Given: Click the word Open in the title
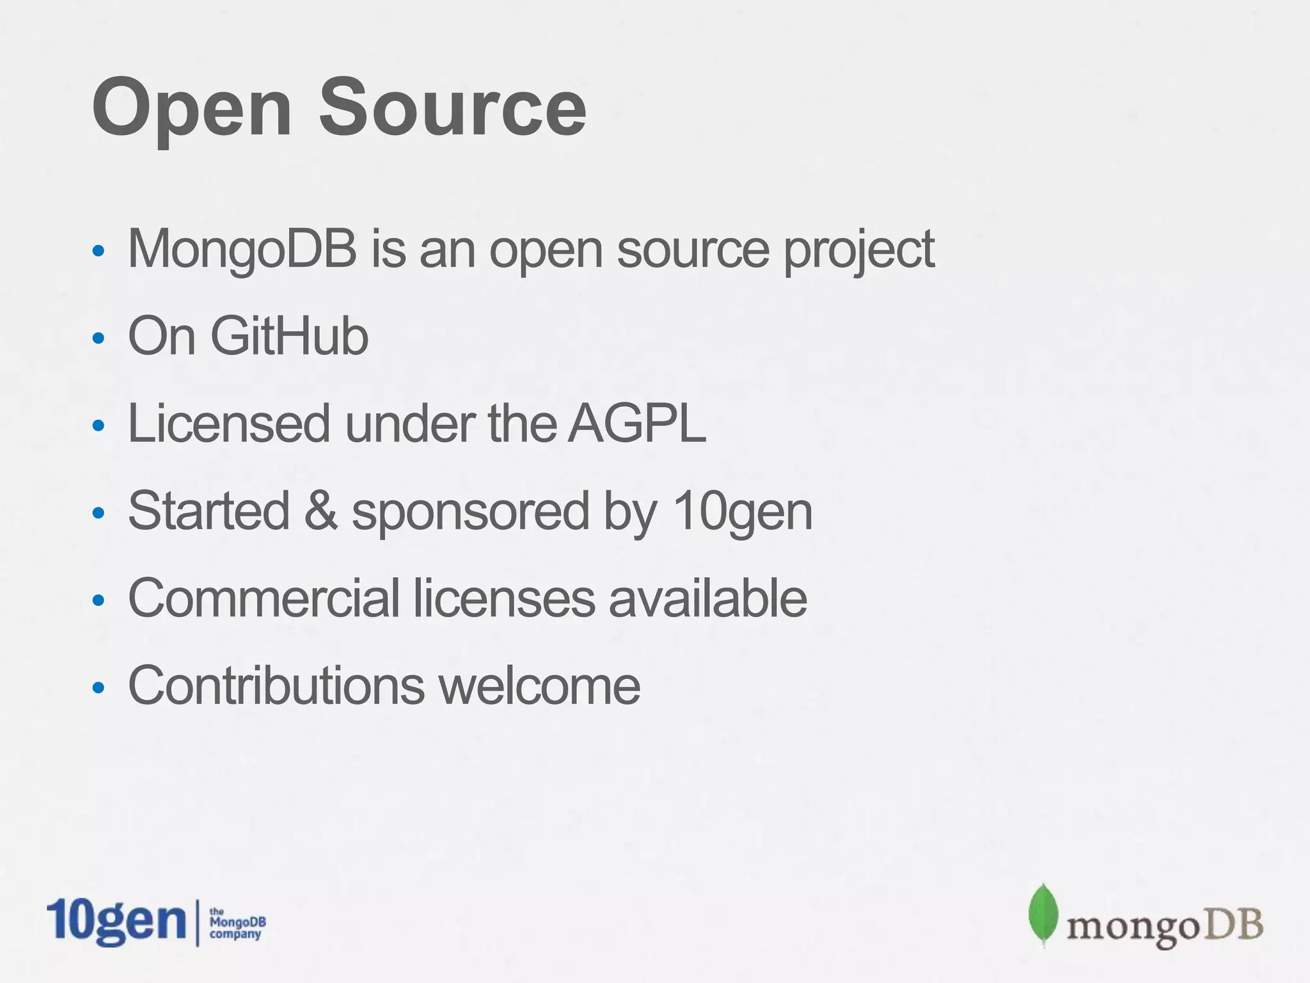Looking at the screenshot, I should click(192, 109).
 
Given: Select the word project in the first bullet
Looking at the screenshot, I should click(859, 251).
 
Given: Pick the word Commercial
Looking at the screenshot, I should click(264, 598).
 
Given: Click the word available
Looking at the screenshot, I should click(707, 598).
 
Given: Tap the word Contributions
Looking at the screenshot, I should click(276, 685).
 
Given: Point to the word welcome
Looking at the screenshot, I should click(539, 685).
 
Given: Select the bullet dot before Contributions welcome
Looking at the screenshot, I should click(98, 688).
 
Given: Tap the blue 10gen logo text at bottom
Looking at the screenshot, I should click(116, 922).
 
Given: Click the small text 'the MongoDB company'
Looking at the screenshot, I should click(237, 923).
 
